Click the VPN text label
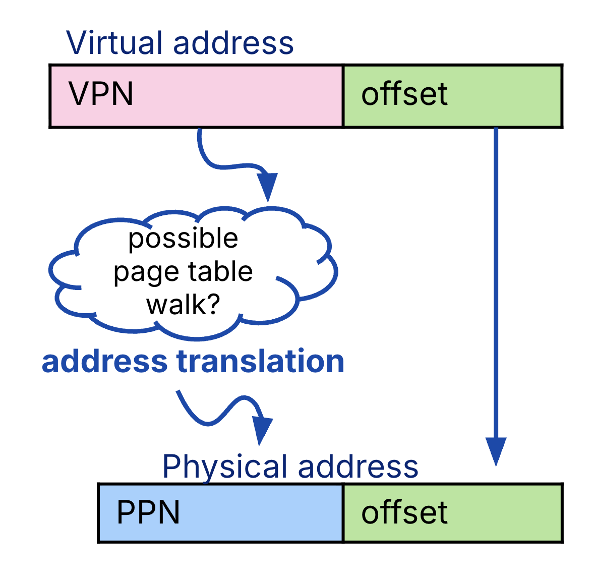click(101, 94)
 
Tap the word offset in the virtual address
click(404, 94)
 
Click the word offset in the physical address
click(404, 513)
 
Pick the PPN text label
click(148, 513)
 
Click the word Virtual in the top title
click(116, 43)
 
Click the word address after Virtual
click(233, 43)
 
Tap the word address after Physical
click(358, 467)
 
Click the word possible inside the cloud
click(183, 238)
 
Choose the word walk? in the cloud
click(184, 305)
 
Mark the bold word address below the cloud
click(104, 362)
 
